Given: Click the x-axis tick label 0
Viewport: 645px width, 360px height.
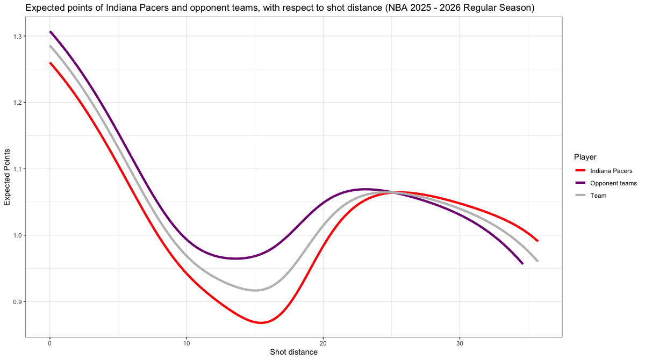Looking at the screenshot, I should (x=49, y=343).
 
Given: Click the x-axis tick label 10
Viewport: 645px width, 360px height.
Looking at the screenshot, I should (x=186, y=343).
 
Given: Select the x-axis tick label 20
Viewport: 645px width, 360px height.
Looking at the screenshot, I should (x=323, y=343).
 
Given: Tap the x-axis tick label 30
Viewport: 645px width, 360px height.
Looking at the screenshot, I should (x=460, y=343).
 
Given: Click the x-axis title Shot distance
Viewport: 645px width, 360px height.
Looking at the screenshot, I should (x=293, y=352).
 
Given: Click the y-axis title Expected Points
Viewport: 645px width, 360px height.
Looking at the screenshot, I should (x=7, y=176).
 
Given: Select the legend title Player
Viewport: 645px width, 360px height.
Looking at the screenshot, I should (x=585, y=157).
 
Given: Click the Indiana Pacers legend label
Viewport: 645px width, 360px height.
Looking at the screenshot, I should (x=611, y=171).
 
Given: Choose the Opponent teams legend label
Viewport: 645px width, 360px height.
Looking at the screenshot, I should (x=613, y=183).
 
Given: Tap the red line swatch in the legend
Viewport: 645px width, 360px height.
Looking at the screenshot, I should (x=580, y=171).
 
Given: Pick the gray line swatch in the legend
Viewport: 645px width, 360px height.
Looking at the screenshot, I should (x=580, y=196).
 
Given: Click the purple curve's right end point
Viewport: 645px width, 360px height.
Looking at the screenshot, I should (x=522, y=264).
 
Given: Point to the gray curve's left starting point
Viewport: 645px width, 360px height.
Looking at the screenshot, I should (x=50, y=46).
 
